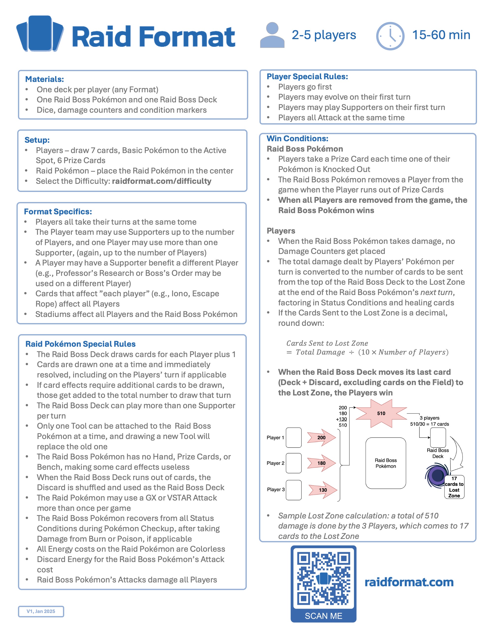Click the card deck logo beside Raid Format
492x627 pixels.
point(40,34)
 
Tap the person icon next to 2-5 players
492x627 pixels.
point(272,35)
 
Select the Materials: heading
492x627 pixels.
point(44,79)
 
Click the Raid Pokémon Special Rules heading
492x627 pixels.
point(80,344)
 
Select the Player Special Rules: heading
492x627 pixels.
point(307,76)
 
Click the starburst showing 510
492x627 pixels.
point(381,413)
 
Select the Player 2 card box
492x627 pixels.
point(293,463)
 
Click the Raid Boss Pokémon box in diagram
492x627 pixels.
point(385,463)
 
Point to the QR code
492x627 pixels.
point(323,578)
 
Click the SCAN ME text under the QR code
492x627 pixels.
point(323,616)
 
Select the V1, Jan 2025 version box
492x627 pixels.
point(41,611)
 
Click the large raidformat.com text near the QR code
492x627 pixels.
point(409,582)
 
